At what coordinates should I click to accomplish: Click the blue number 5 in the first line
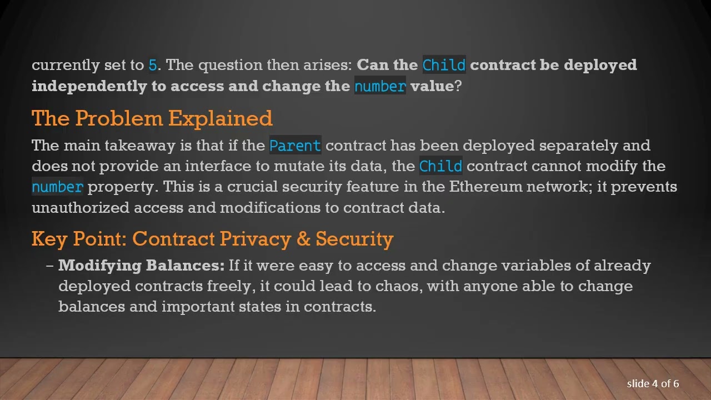point(153,65)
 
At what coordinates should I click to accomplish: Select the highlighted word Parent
point(295,146)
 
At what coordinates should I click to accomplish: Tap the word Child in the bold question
point(444,65)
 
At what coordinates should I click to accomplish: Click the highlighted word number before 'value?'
point(380,86)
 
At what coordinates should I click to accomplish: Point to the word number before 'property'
point(57,187)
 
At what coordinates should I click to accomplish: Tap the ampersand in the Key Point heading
point(303,239)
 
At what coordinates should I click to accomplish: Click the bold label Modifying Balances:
point(141,266)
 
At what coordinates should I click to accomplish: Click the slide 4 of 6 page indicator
point(653,383)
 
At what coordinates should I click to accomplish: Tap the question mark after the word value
point(458,86)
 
